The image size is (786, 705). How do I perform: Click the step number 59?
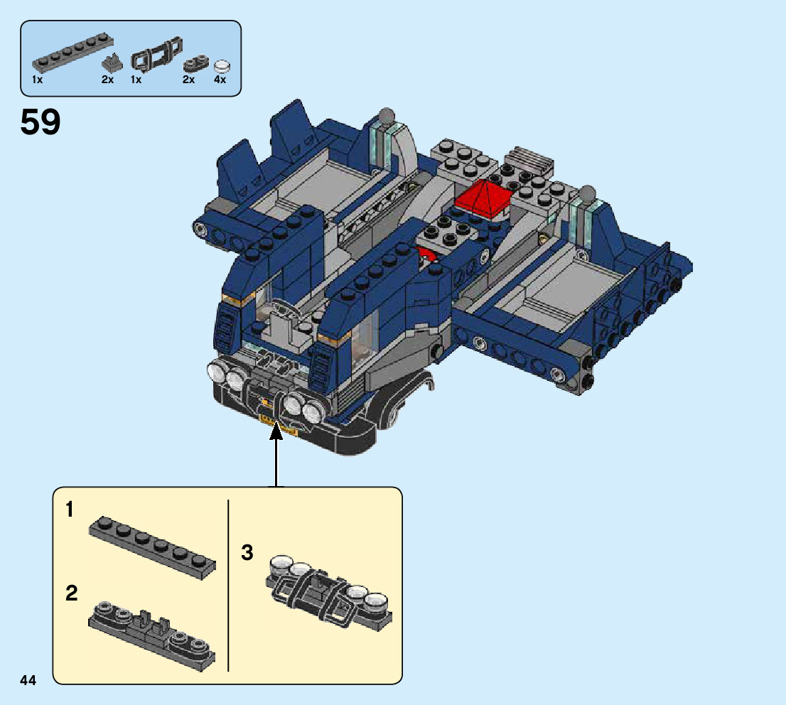[x=41, y=122]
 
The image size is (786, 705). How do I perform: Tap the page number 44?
[x=28, y=680]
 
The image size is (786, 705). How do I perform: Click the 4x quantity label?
[x=220, y=79]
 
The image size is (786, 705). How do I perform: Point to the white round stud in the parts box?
[x=222, y=67]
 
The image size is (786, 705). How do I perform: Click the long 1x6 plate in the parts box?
[x=72, y=53]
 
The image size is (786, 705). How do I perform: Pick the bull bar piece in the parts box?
[x=156, y=53]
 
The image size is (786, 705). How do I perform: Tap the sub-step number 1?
[x=70, y=510]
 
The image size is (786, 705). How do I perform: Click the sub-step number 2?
[x=72, y=593]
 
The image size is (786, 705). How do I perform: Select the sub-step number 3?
[x=247, y=553]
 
